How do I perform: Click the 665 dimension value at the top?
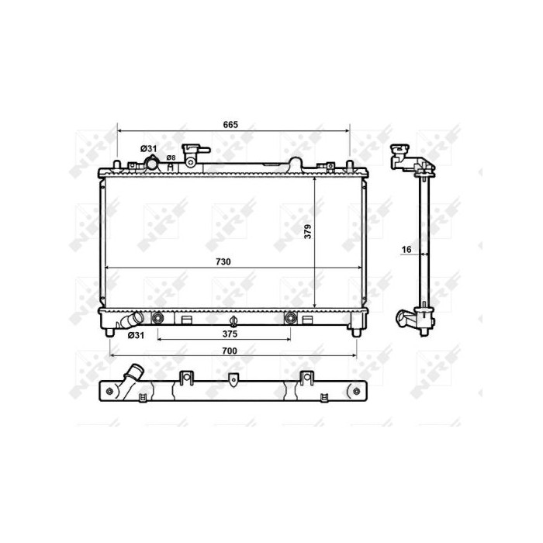[x=230, y=125]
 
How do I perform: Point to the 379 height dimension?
[x=308, y=231]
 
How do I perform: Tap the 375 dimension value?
[x=229, y=334]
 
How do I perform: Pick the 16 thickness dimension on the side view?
[x=406, y=250]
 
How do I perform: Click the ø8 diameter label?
[x=171, y=157]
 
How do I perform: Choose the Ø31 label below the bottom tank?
[x=136, y=334]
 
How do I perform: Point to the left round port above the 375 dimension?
[x=158, y=318]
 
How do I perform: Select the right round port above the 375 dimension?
[x=291, y=318]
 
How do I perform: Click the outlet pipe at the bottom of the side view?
[x=406, y=319]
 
